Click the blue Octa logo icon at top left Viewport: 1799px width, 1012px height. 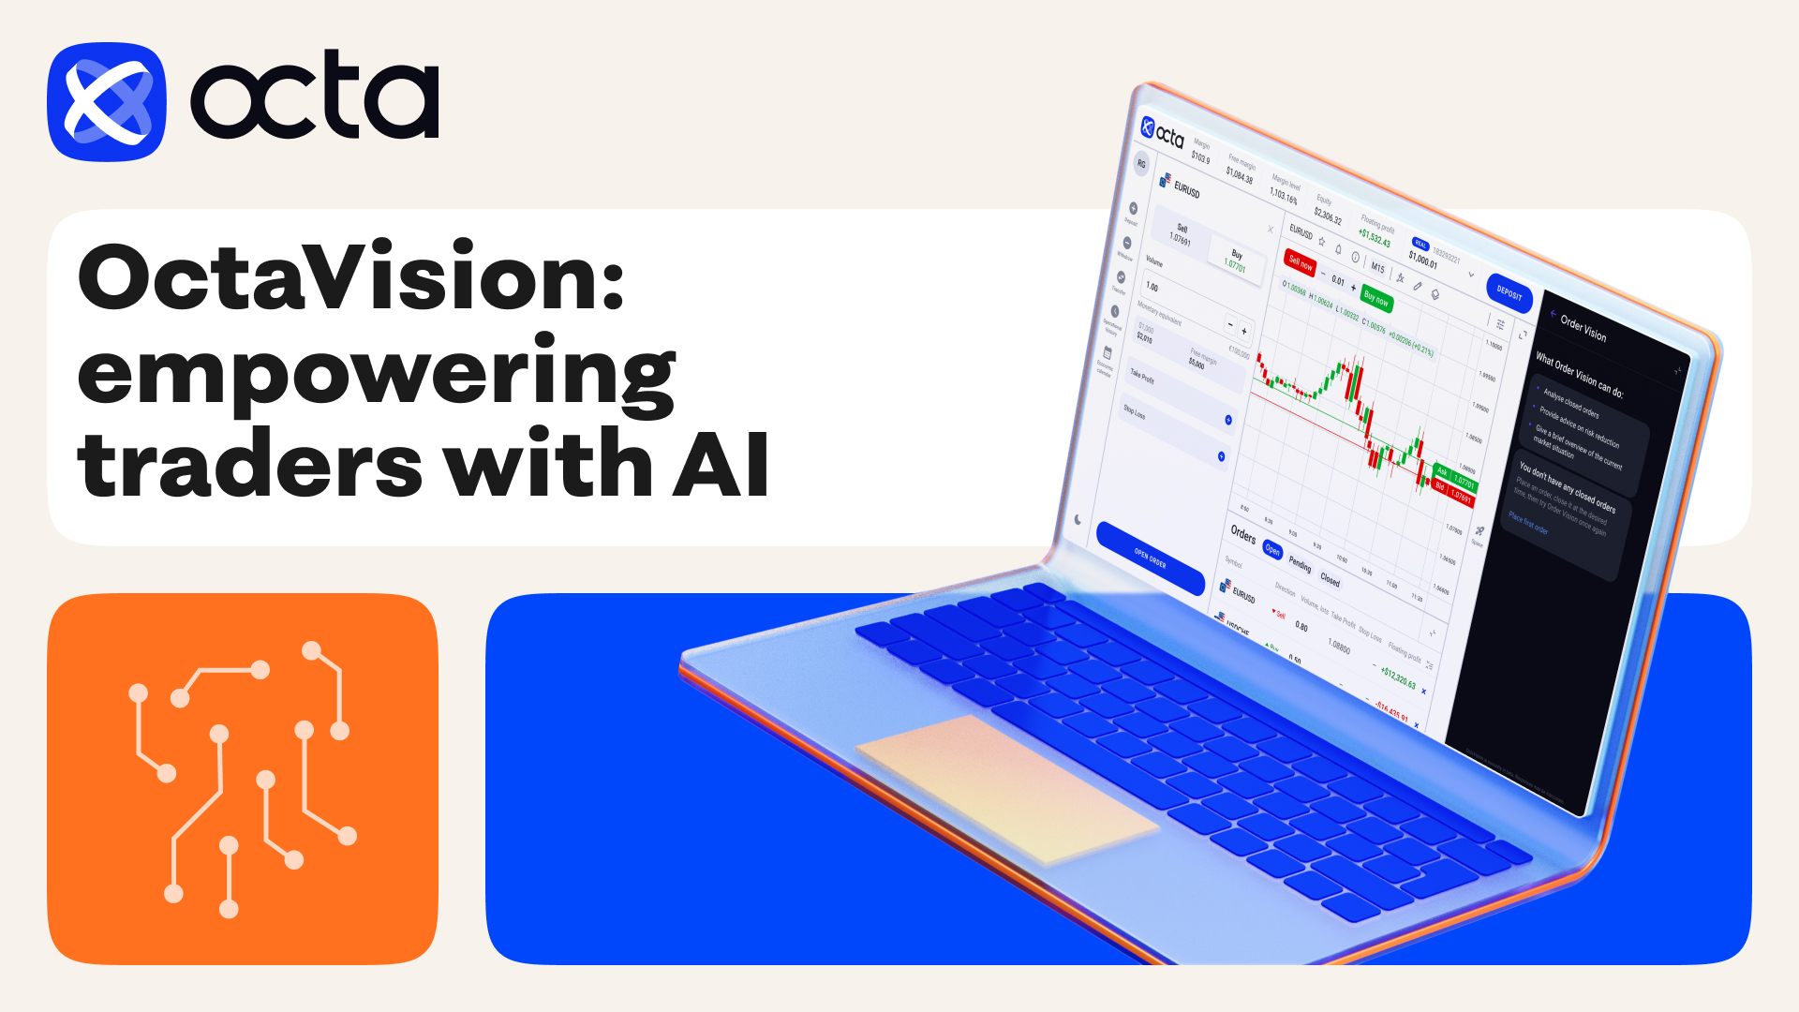(x=107, y=101)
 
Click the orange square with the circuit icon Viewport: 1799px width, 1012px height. (x=242, y=779)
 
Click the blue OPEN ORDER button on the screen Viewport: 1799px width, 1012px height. (x=1151, y=558)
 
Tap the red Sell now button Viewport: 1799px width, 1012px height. (x=1301, y=263)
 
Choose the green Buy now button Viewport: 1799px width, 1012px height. (x=1376, y=299)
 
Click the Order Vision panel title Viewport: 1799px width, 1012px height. (x=1583, y=328)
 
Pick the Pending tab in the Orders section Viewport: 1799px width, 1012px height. (x=1300, y=564)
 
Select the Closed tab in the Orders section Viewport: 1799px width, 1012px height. (x=1330, y=579)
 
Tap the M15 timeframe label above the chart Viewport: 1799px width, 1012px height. (x=1377, y=268)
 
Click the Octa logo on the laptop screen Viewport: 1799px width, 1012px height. (x=1163, y=134)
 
